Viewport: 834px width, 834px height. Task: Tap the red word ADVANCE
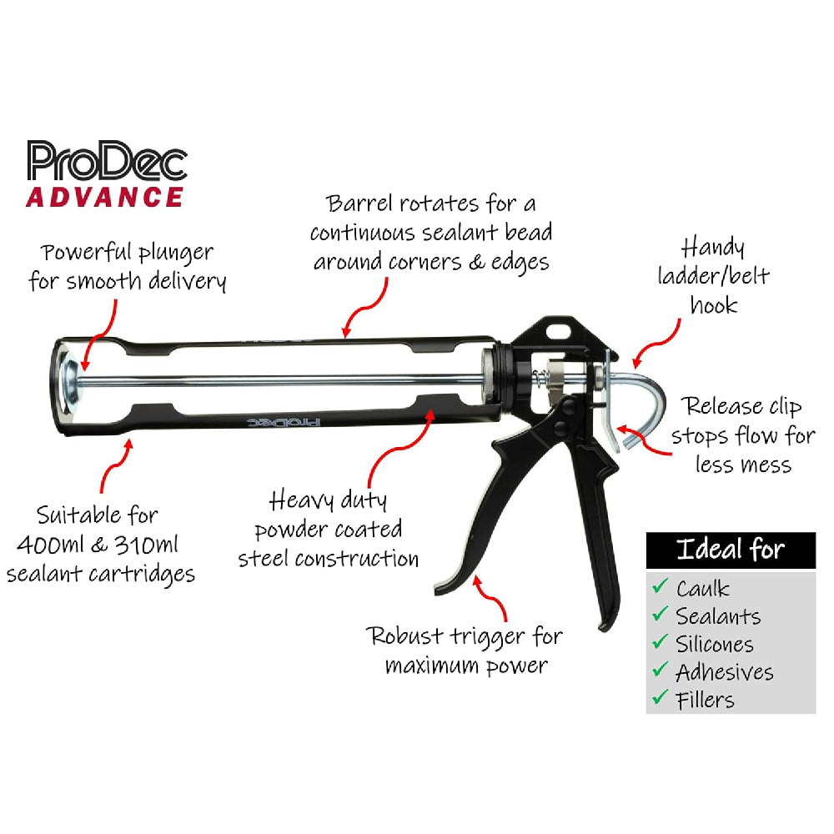104,198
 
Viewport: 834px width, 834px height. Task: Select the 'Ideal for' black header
731,550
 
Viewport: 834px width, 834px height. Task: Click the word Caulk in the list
703,589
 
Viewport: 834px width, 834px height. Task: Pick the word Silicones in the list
715,645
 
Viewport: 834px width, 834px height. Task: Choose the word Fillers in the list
706,700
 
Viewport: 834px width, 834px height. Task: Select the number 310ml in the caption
146,545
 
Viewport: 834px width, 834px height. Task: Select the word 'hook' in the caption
714,305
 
